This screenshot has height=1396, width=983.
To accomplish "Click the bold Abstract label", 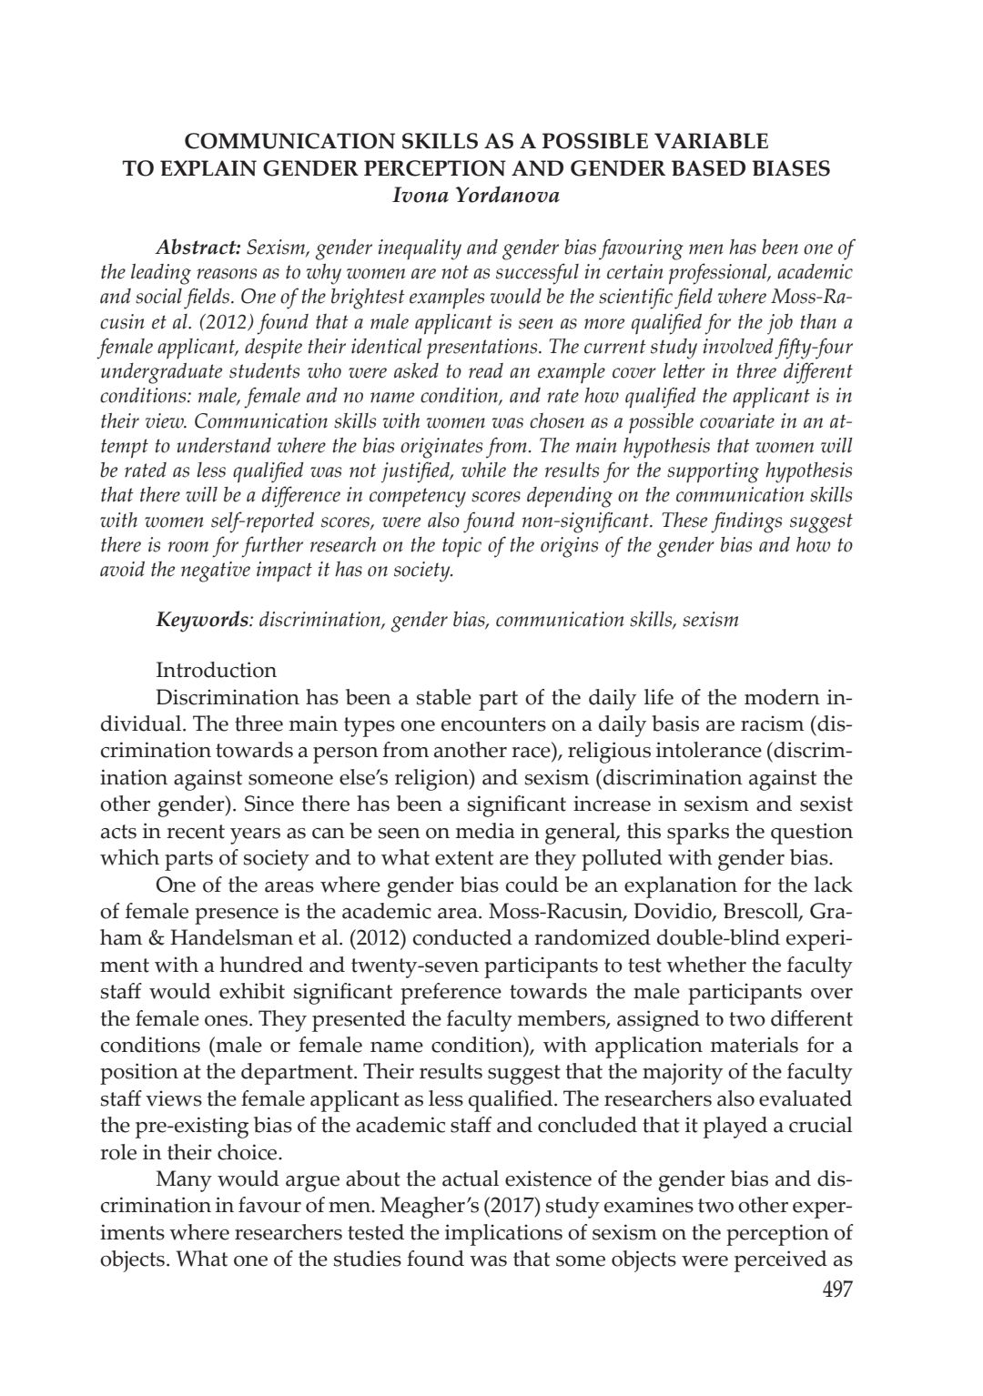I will pos(198,248).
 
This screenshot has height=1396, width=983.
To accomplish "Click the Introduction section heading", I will pos(216,671).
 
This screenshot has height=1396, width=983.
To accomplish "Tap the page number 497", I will pos(836,1289).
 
